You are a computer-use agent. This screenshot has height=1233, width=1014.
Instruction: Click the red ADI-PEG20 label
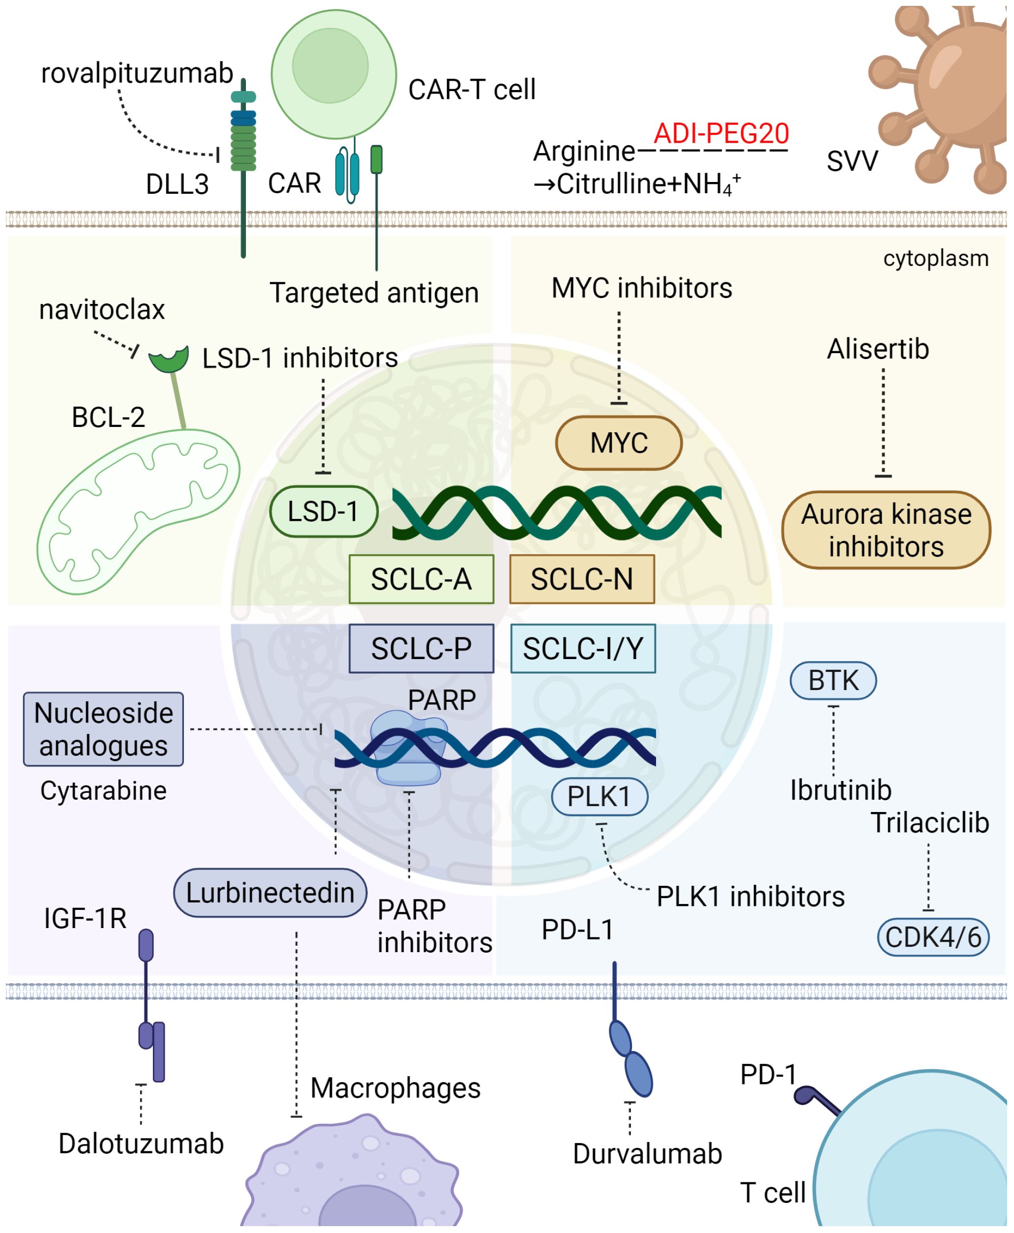pyautogui.click(x=721, y=133)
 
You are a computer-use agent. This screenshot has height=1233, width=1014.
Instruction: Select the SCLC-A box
pyautogui.click(x=421, y=579)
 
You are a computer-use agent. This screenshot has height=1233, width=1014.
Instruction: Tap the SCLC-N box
pyautogui.click(x=582, y=579)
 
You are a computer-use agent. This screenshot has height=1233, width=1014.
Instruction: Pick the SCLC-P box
pyautogui.click(x=421, y=648)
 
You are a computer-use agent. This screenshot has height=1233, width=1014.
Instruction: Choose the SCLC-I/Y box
pyautogui.click(x=583, y=648)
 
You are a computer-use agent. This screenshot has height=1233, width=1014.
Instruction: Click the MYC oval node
pyautogui.click(x=619, y=443)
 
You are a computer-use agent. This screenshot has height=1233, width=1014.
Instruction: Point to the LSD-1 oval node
pyautogui.click(x=324, y=511)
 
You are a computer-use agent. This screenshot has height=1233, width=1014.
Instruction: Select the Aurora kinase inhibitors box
pyautogui.click(x=886, y=530)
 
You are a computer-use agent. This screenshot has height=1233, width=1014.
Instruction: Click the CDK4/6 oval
pyautogui.click(x=933, y=937)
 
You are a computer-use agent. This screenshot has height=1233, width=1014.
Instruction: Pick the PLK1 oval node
pyautogui.click(x=599, y=796)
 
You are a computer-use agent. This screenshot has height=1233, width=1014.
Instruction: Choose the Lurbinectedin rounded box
pyautogui.click(x=270, y=893)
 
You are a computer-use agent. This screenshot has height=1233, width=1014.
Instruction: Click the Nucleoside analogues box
pyautogui.click(x=103, y=729)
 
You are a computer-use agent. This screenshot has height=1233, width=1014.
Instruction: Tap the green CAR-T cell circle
pyautogui.click(x=333, y=74)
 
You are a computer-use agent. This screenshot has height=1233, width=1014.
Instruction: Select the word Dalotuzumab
pyautogui.click(x=141, y=1143)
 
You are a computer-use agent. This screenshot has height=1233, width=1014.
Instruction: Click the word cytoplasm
pyautogui.click(x=935, y=258)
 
